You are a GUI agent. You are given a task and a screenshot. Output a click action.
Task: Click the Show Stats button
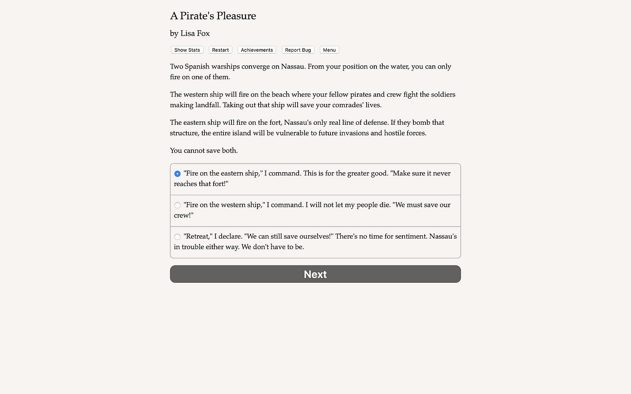(187, 50)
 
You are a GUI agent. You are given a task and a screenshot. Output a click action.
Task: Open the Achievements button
(257, 50)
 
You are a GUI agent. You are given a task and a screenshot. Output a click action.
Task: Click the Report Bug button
(298, 50)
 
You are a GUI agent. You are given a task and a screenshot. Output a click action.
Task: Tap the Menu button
(329, 50)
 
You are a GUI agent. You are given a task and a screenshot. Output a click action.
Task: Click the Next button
(315, 274)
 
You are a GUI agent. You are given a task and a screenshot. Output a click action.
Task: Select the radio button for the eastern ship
(177, 174)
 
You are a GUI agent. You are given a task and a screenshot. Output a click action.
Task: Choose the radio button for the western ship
(177, 205)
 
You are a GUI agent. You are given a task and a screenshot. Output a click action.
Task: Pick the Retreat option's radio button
(177, 237)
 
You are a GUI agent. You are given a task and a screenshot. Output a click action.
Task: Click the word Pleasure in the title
(236, 16)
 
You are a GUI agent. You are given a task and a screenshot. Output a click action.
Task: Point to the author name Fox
(203, 34)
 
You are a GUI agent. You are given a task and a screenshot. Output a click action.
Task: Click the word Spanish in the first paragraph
(197, 67)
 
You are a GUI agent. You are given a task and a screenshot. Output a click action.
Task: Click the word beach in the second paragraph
(280, 94)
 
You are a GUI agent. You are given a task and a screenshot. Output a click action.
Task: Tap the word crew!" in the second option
(184, 216)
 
